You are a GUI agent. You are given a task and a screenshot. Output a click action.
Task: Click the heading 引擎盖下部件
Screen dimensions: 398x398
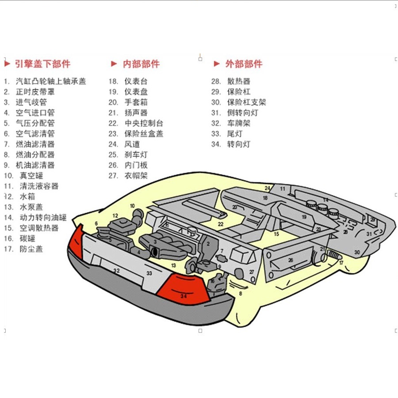click(42, 64)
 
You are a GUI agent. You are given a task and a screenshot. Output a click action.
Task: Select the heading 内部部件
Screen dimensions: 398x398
click(141, 64)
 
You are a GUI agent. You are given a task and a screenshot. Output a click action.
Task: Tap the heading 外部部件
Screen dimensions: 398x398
click(244, 64)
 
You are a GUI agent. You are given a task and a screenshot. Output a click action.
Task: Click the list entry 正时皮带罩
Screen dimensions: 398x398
click(35, 92)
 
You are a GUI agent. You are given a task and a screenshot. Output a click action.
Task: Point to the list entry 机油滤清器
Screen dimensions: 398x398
click(35, 165)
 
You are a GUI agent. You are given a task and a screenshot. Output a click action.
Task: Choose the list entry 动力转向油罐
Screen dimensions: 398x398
click(43, 217)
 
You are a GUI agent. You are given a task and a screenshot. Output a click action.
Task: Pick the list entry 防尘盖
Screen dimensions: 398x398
click(31, 249)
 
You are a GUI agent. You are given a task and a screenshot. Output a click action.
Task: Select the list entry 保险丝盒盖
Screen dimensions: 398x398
click(144, 134)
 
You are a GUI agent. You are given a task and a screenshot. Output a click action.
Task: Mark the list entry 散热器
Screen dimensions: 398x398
click(239, 81)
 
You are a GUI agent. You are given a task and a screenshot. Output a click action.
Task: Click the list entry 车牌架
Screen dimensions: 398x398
click(239, 123)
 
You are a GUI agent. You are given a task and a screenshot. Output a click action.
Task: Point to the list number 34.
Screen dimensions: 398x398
click(216, 144)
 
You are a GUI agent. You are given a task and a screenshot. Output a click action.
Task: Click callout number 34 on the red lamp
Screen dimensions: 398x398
click(184, 296)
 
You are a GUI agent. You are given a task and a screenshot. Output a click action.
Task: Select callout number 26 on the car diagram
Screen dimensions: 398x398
click(291, 260)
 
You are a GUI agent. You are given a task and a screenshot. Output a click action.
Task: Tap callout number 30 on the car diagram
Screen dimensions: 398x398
click(357, 252)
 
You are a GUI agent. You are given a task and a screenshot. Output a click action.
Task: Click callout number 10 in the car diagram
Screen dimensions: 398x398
click(132, 206)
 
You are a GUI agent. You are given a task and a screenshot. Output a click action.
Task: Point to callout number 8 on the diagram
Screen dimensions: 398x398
click(241, 293)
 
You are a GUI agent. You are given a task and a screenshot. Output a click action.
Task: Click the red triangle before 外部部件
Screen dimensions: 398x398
click(217, 64)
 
